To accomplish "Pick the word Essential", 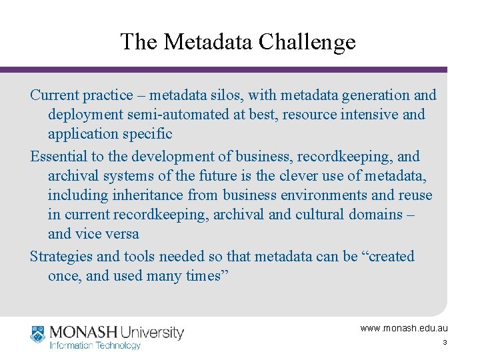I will (59, 157).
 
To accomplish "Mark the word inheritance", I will (149, 195).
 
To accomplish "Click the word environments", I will (308, 195).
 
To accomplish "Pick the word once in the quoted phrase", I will (65, 276).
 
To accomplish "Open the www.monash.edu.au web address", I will (404, 328).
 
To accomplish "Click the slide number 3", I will (444, 343).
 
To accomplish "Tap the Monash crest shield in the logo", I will (38, 333).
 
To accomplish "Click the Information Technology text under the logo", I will (95, 345).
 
